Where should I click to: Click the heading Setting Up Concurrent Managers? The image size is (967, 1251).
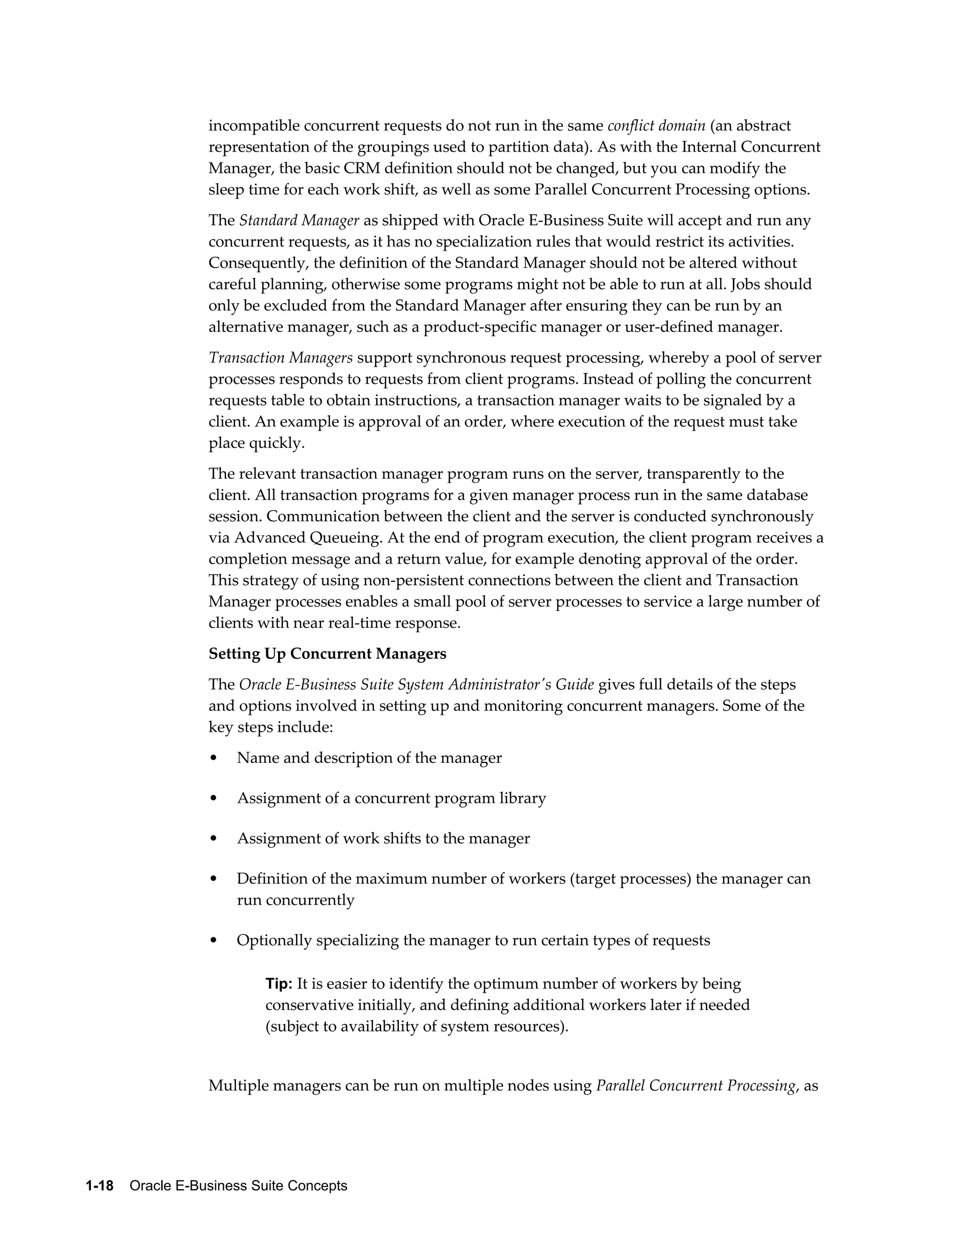point(327,653)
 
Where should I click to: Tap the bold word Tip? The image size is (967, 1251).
point(279,984)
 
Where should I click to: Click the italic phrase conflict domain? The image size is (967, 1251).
point(656,126)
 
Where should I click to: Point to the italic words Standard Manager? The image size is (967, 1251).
point(299,220)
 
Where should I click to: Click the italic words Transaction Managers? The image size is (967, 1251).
point(281,358)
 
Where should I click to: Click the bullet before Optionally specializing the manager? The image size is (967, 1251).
point(214,940)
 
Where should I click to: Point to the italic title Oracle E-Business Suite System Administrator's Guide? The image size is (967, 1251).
point(416,685)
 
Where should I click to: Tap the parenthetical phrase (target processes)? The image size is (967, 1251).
point(630,879)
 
